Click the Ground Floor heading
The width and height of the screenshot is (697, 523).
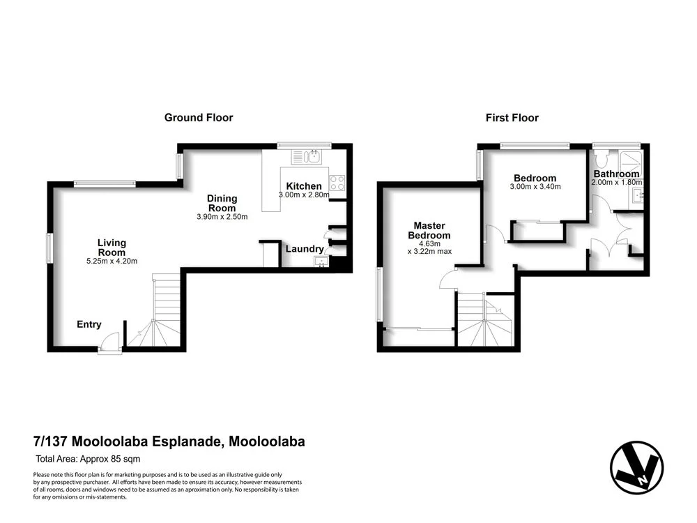point(199,118)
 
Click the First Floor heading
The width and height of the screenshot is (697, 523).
point(512,118)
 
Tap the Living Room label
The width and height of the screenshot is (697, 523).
point(112,248)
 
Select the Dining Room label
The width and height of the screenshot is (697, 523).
point(222,203)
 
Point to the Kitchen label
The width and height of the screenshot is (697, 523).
point(304,186)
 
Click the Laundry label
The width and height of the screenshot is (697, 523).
point(305,249)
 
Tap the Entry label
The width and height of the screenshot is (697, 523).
point(89,324)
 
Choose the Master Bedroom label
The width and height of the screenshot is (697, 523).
point(429,230)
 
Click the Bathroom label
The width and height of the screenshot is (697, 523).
point(616,174)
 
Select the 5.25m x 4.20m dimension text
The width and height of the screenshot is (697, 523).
point(112,261)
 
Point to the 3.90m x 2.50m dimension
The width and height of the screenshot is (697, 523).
point(222,216)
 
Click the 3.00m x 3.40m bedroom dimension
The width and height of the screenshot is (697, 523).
point(535,187)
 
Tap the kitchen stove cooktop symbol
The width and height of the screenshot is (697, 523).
point(337,183)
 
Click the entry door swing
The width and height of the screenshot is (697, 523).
point(109,342)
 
